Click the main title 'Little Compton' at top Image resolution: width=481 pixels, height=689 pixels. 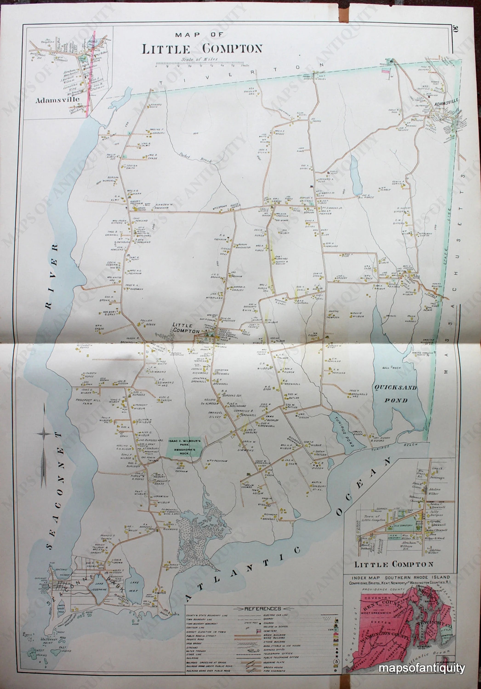202,49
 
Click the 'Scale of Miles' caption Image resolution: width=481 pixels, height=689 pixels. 200,59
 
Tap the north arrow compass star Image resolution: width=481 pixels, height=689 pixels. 44,434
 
